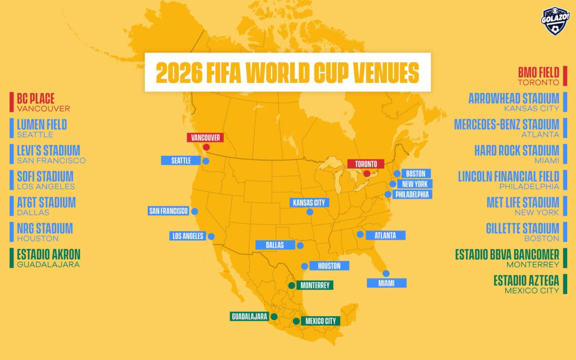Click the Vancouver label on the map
point(205,137)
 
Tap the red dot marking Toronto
point(367,173)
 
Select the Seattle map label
point(181,161)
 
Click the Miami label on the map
point(386,283)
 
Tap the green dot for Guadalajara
point(273,317)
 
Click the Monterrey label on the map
point(314,285)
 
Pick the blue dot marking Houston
point(304,266)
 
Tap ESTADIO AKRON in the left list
point(48,254)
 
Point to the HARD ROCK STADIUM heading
point(516,150)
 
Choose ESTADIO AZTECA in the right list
point(526,280)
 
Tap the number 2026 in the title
point(178,73)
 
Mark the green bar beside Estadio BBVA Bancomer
point(565,258)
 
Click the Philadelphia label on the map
point(412,195)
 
